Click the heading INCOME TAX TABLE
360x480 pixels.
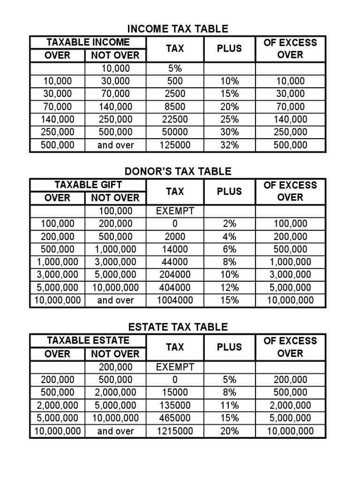tap(178, 29)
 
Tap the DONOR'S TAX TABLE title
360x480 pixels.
tap(178, 172)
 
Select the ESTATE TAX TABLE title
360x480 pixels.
tap(178, 327)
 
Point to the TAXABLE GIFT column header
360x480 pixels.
tap(88, 185)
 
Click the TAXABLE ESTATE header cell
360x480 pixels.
tap(88, 341)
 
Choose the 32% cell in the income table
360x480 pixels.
tap(229, 145)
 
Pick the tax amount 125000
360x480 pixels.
tap(175, 145)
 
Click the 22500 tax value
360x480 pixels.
tap(175, 120)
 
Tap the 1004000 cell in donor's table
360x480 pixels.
tap(175, 300)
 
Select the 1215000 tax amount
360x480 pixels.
tap(175, 431)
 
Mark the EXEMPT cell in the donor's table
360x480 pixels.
tap(175, 211)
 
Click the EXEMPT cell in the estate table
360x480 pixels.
tap(175, 367)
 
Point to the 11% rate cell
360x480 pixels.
tap(229, 405)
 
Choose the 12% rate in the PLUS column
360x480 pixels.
tap(229, 287)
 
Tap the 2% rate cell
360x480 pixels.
tap(229, 224)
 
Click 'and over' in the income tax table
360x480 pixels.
tap(115, 145)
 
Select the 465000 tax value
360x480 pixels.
tap(175, 418)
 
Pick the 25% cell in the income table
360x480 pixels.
tap(229, 120)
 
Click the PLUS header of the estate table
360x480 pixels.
tap(229, 347)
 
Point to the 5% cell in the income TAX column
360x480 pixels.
tap(175, 68)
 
